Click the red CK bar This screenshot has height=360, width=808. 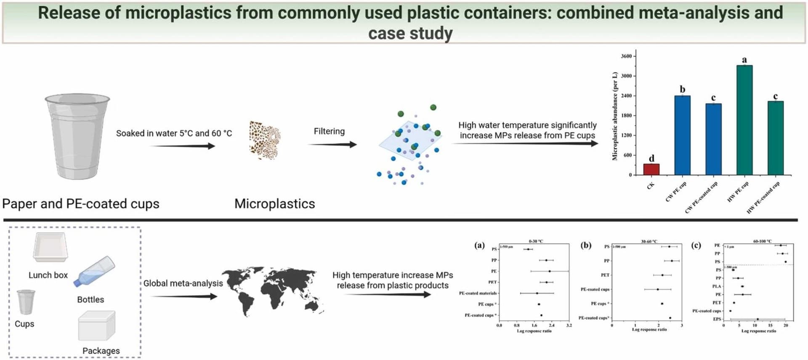point(651,169)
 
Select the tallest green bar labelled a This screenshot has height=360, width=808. point(744,120)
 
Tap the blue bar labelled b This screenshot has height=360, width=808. point(682,135)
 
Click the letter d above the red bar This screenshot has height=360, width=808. point(651,158)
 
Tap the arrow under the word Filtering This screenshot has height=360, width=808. point(332,144)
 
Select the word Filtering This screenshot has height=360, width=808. point(329,131)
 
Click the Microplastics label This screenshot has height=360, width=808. point(274,204)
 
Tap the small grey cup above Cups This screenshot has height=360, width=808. point(26,301)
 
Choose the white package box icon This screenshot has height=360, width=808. point(96,325)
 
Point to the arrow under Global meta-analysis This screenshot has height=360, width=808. point(184,296)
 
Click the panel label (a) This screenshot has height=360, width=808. point(479,245)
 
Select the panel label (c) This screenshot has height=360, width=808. point(696,245)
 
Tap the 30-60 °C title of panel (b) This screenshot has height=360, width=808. point(649,241)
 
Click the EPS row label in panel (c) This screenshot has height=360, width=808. point(717,319)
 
